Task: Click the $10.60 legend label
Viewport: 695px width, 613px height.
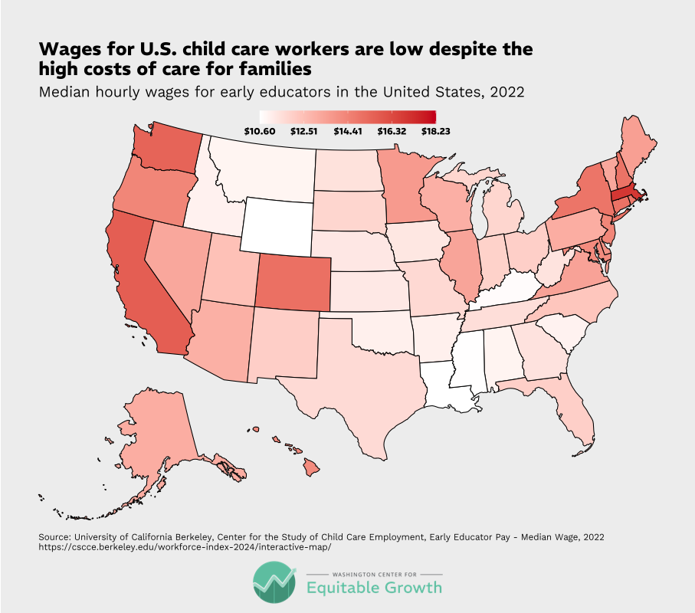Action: click(x=261, y=131)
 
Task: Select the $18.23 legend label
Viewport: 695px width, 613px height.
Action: click(x=435, y=131)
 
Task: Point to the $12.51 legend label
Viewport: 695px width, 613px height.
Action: click(x=304, y=131)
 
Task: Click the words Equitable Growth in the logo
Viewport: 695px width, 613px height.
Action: click(x=374, y=588)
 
